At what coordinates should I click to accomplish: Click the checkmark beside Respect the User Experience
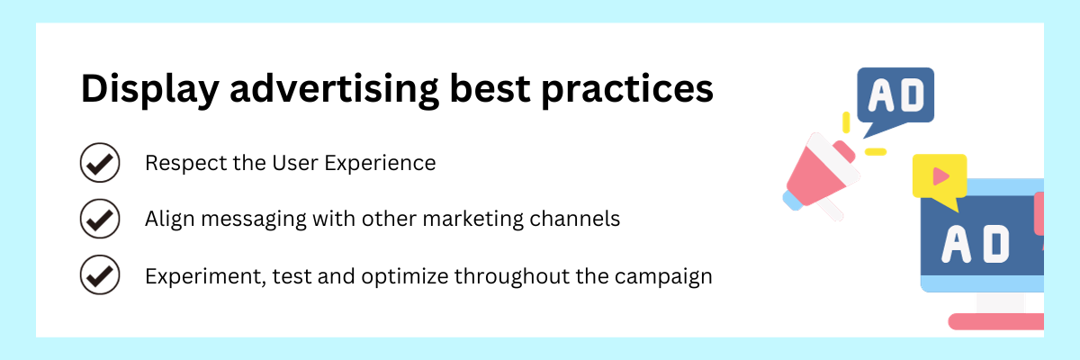(x=99, y=164)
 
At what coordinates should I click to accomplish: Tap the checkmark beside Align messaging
(x=99, y=219)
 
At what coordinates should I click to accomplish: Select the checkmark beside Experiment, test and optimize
(x=99, y=274)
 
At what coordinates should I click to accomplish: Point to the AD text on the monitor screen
(x=975, y=243)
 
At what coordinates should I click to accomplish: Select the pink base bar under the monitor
(x=995, y=320)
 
